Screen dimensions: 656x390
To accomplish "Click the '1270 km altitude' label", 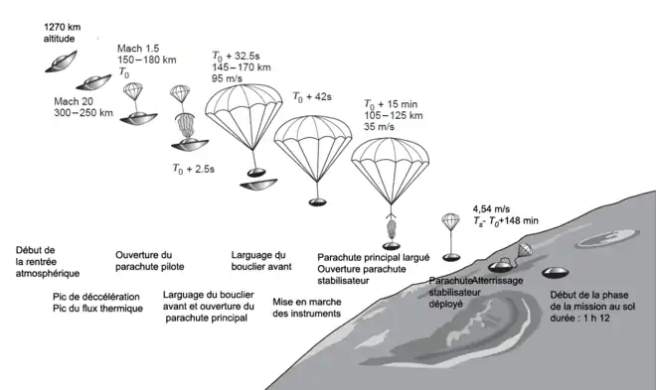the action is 62,33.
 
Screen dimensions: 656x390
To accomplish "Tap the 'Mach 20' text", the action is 74,101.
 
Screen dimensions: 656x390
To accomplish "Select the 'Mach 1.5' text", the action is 138,49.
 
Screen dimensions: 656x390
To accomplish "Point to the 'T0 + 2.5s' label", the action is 193,169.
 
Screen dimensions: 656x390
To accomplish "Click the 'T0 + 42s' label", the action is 312,97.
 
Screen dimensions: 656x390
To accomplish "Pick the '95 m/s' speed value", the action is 227,78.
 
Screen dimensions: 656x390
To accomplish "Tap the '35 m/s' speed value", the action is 379,127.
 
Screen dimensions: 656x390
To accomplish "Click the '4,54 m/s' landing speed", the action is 491,208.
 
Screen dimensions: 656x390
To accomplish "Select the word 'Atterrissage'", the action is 498,281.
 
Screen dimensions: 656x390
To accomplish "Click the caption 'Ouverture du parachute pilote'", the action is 150,261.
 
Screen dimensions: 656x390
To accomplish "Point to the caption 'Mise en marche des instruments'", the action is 307,308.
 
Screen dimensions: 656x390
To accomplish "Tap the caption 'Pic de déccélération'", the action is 96,297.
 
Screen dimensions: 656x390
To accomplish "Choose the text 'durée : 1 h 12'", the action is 579,319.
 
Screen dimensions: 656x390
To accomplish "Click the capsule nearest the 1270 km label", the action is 61,62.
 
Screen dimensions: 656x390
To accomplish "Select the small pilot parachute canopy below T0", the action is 133,88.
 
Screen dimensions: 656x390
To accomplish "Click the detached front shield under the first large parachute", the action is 258,185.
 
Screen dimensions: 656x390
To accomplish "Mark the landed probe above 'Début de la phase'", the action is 556,273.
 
